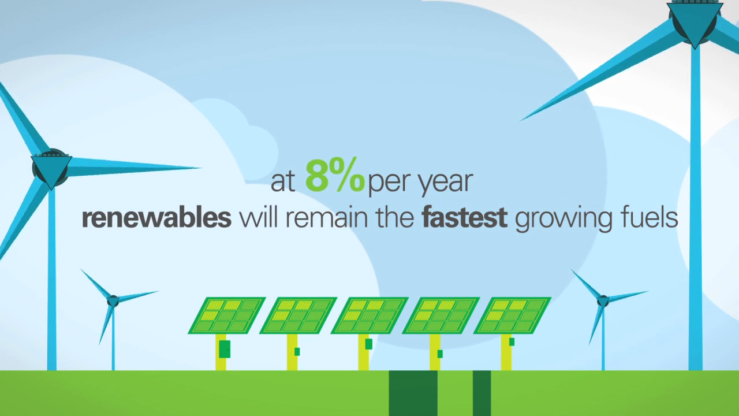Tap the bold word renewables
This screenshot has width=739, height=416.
(x=156, y=218)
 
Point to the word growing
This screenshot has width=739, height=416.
(x=563, y=220)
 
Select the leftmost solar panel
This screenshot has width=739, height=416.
(x=227, y=315)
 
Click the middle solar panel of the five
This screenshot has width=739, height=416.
(x=369, y=315)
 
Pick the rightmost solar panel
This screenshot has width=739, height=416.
(x=512, y=315)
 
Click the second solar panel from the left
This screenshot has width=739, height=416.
(x=298, y=315)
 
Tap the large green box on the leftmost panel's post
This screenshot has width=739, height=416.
(x=225, y=349)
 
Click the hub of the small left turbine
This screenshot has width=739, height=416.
(x=113, y=301)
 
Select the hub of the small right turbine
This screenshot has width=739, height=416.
(x=603, y=301)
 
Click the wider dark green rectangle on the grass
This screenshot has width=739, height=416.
(x=413, y=393)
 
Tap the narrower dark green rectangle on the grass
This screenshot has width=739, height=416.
(x=482, y=393)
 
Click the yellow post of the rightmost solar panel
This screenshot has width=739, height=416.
(x=506, y=352)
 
